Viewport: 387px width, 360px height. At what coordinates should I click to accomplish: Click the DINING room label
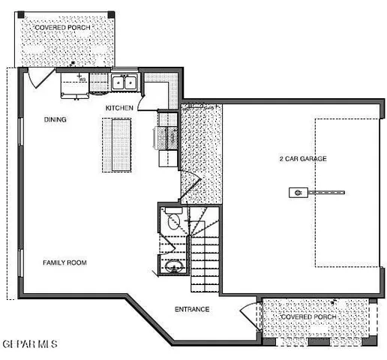tap(55, 119)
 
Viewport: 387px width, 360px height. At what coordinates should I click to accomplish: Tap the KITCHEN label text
tap(119, 109)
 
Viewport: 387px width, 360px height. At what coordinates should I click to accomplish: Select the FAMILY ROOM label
tap(64, 262)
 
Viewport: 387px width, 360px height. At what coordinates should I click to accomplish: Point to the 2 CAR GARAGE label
tap(302, 159)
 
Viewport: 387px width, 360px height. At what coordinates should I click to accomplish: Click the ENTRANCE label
tap(192, 310)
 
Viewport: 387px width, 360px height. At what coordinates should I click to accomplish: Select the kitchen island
tap(115, 145)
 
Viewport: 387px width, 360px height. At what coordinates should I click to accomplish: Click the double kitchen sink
tap(124, 82)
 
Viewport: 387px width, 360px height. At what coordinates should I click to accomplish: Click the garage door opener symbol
tap(297, 192)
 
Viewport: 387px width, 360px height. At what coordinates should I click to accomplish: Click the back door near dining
tap(35, 76)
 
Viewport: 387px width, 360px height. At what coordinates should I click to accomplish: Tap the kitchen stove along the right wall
tap(166, 138)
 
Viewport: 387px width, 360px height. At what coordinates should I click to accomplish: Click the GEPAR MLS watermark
tap(29, 343)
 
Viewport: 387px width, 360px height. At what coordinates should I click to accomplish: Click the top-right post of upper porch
tap(112, 15)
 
